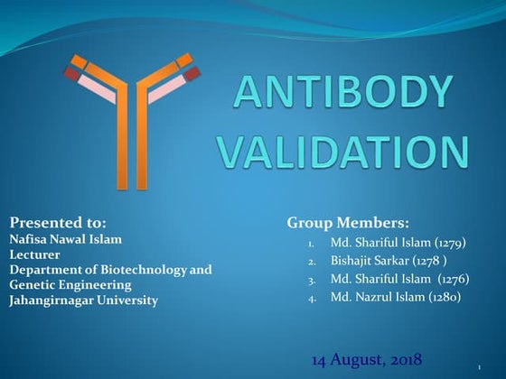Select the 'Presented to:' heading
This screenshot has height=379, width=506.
coord(58,221)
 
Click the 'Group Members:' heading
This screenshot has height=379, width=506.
coord(348,222)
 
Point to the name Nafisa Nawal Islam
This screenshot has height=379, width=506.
coord(65,239)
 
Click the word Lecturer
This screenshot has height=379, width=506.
coord(33,254)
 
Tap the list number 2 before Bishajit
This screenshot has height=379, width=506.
coord(311,263)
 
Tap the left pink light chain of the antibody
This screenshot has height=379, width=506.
coord(96,88)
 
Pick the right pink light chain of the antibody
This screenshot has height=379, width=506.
coord(168,88)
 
